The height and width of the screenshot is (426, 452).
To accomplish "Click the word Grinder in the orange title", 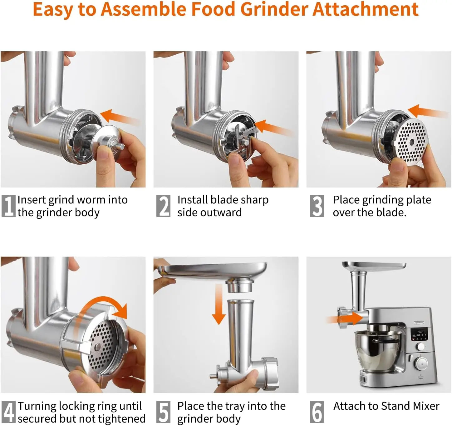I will tap(274, 9).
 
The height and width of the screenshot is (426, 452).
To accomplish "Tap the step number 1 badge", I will tap(8, 206).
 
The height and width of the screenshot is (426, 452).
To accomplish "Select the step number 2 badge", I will tap(163, 206).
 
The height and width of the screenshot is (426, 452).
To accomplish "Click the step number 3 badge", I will tap(317, 206).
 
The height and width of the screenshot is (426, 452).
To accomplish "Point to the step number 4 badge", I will tap(8, 412).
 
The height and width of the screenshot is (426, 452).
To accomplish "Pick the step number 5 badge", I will tap(163, 412).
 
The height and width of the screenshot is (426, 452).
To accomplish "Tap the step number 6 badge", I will tap(317, 412).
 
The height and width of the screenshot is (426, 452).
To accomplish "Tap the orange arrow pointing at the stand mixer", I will tap(346, 319).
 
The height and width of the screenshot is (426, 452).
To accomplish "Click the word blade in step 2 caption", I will tap(223, 200).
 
